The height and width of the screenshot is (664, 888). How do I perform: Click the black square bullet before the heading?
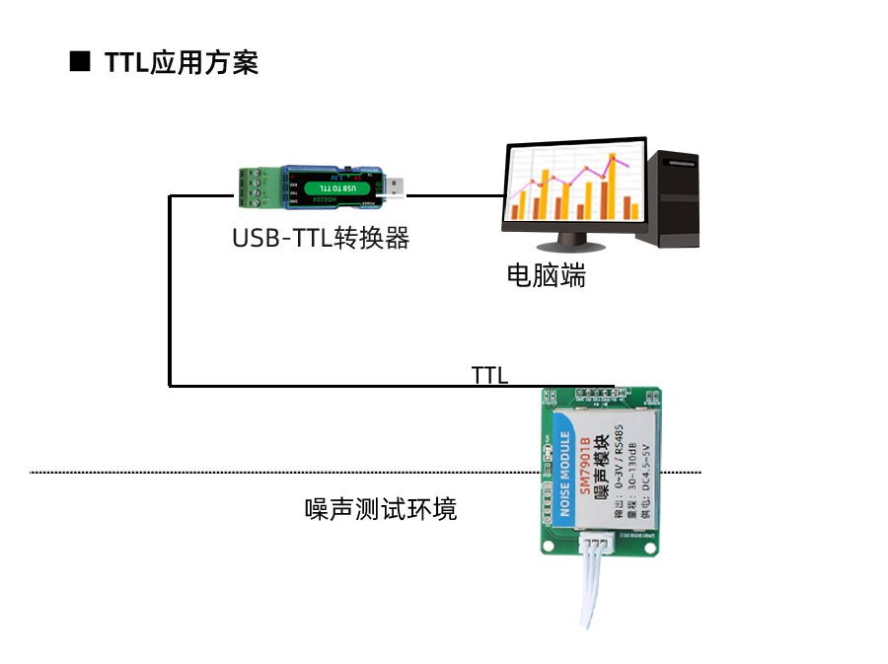tap(80, 61)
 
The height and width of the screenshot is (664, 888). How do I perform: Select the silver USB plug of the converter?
tap(394, 186)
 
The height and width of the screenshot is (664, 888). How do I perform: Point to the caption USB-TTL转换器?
tap(321, 238)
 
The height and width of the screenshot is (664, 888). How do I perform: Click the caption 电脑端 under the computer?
tap(546, 275)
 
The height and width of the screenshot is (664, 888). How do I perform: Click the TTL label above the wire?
tap(489, 375)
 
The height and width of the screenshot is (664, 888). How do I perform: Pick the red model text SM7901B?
tap(586, 465)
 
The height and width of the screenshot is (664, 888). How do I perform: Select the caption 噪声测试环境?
tap(381, 509)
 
